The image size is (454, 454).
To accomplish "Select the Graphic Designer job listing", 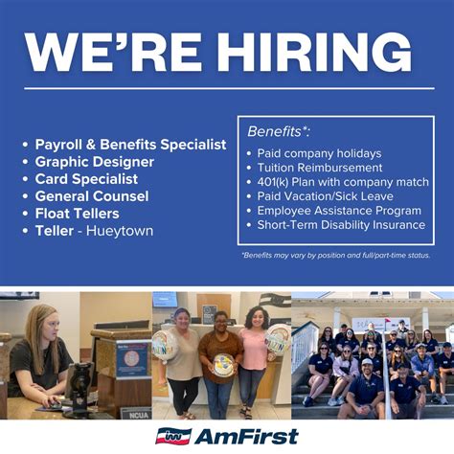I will [x=94, y=162].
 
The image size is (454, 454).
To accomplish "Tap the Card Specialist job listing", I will [x=86, y=178].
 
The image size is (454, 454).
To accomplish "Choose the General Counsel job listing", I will [x=92, y=195].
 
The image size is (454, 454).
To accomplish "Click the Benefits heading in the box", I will [x=279, y=130].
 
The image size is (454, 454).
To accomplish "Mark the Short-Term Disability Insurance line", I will [x=341, y=225].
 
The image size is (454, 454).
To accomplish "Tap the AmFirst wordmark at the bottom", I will [x=249, y=437].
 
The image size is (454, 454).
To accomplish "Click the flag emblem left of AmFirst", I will [x=173, y=437].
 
